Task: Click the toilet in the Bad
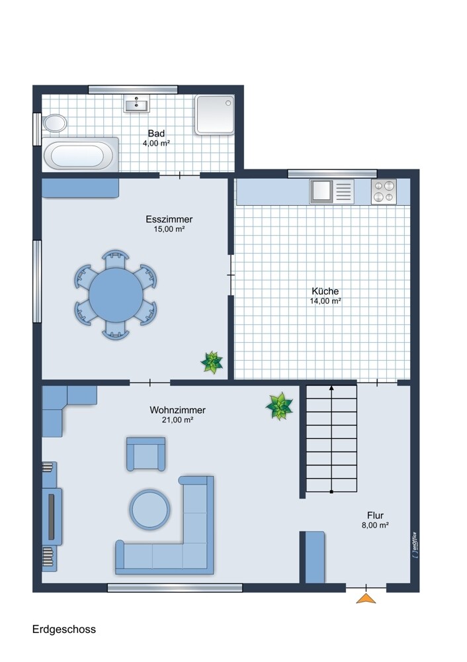click(54, 123)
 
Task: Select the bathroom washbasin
click(136, 103)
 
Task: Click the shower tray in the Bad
click(214, 115)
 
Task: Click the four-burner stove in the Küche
click(384, 191)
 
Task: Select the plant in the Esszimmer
click(212, 362)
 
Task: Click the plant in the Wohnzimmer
click(279, 406)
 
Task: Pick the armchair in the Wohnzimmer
click(146, 454)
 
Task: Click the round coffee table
click(149, 509)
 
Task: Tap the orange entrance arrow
click(366, 598)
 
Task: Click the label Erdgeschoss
click(64, 629)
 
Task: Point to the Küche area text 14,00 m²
click(325, 301)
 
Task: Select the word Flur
click(375, 515)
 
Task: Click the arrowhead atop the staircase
click(331, 387)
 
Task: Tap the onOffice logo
click(415, 545)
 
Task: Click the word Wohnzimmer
click(177, 410)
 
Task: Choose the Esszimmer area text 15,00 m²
click(169, 229)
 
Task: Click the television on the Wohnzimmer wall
click(52, 516)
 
